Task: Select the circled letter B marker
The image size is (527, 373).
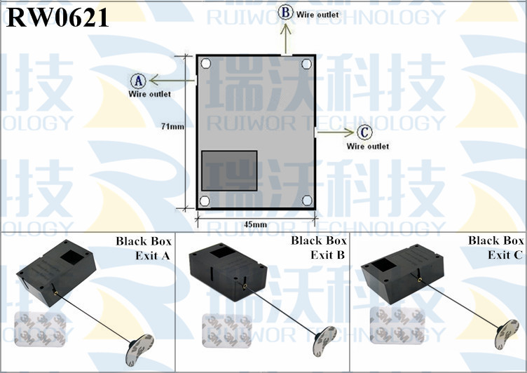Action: pos(285,12)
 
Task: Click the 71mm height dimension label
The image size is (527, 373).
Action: pos(172,127)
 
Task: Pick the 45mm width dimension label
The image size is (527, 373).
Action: pos(255,224)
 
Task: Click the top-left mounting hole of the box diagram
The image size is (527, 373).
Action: pos(205,64)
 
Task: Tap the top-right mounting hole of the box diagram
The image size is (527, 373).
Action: pos(306,64)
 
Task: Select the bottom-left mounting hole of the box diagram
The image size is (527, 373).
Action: pos(205,201)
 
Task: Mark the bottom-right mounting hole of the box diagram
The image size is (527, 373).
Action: pos(306,201)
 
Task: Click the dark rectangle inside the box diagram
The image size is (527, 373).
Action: pos(229,170)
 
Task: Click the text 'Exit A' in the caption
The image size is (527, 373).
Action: pos(153,255)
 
